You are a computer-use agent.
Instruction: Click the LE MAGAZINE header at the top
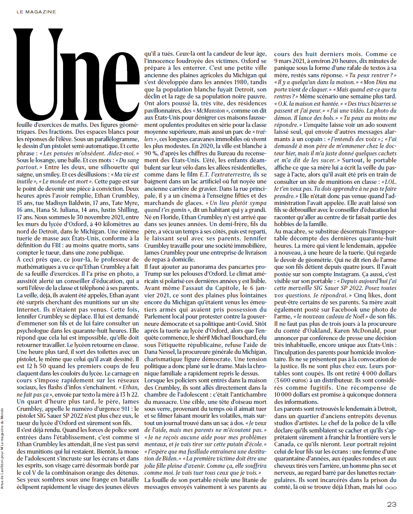pyautogui.click(x=36, y=12)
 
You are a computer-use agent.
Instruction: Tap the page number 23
pyautogui.click(x=391, y=504)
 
